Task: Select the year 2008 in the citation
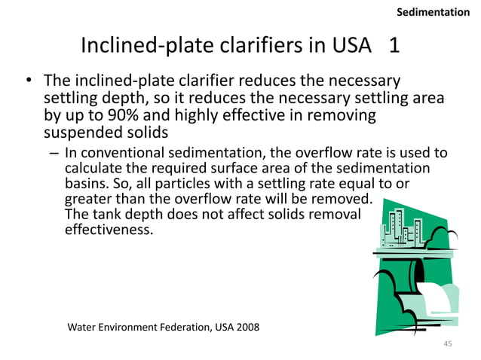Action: (245, 328)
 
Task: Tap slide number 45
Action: (447, 344)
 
